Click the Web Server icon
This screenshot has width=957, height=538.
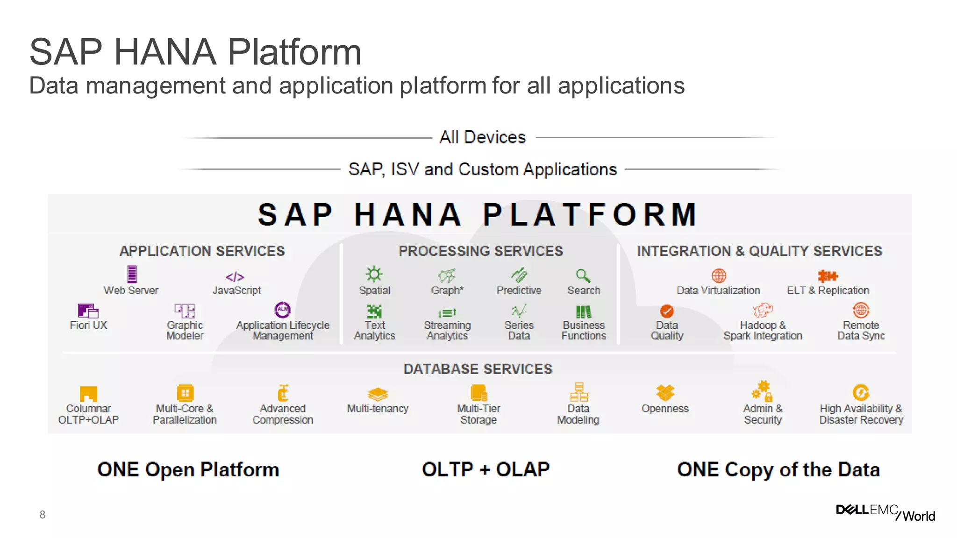coord(132,274)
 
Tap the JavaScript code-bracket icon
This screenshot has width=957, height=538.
coord(235,277)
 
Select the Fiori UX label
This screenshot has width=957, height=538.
coord(88,325)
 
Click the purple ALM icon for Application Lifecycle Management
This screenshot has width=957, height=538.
coord(283,310)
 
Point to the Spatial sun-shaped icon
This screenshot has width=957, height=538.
coord(374,274)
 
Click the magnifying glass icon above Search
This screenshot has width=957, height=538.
coord(583,276)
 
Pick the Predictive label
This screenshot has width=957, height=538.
coord(519,290)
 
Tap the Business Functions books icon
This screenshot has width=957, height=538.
coord(583,311)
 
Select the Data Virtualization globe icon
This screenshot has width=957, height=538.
coord(719,276)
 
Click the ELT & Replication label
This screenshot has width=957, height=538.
coord(828,290)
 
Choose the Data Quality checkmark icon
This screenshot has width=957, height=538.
coord(667,311)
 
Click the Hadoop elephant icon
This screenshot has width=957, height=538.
coord(763,310)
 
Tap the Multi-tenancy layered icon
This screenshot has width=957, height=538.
coord(378,394)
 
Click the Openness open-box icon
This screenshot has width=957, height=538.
coord(665,393)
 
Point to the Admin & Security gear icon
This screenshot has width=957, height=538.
coord(762,391)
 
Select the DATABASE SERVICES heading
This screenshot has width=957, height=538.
coord(478,369)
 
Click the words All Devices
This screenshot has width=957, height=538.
coord(482,137)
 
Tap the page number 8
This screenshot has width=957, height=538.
coord(43,515)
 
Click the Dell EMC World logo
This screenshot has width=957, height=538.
coord(885,512)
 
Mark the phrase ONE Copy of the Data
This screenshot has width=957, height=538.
coord(778,470)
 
